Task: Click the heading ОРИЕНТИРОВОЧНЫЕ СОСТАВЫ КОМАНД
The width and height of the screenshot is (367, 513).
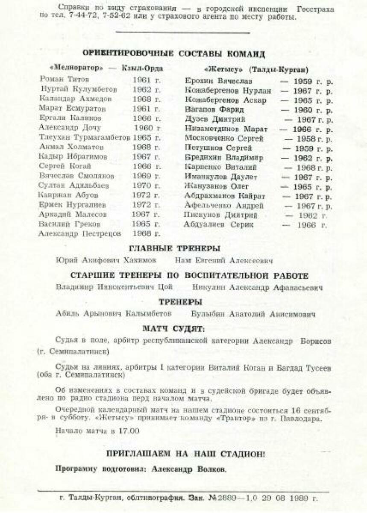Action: pyautogui.click(x=173, y=54)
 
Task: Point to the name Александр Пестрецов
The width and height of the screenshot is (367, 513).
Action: pyautogui.click(x=79, y=234)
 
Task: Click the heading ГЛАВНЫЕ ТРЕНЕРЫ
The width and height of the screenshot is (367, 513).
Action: pyautogui.click(x=175, y=249)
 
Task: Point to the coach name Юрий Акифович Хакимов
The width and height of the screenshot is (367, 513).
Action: pyautogui.click(x=106, y=260)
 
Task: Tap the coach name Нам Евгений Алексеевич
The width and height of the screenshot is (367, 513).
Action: pyautogui.click(x=224, y=260)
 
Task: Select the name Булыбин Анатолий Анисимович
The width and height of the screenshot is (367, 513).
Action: pyautogui.click(x=253, y=314)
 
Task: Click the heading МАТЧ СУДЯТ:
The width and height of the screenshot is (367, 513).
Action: pyautogui.click(x=173, y=329)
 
